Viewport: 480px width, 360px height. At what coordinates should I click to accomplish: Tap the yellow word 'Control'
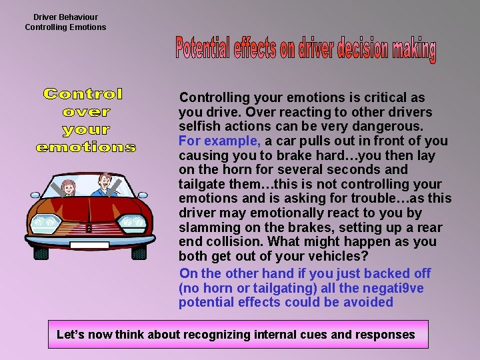click(83, 95)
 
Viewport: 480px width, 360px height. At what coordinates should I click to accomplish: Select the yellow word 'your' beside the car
click(86, 129)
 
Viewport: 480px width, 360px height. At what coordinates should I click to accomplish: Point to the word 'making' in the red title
click(414, 49)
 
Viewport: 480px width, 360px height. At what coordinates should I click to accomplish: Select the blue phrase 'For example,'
click(219, 141)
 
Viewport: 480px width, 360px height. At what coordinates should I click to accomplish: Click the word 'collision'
click(245, 243)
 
